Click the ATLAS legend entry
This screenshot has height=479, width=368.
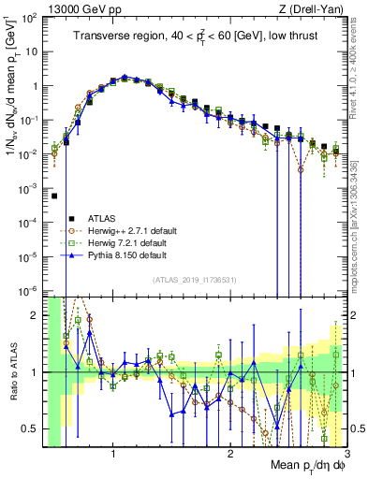106,217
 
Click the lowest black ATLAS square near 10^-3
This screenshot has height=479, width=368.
55,196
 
